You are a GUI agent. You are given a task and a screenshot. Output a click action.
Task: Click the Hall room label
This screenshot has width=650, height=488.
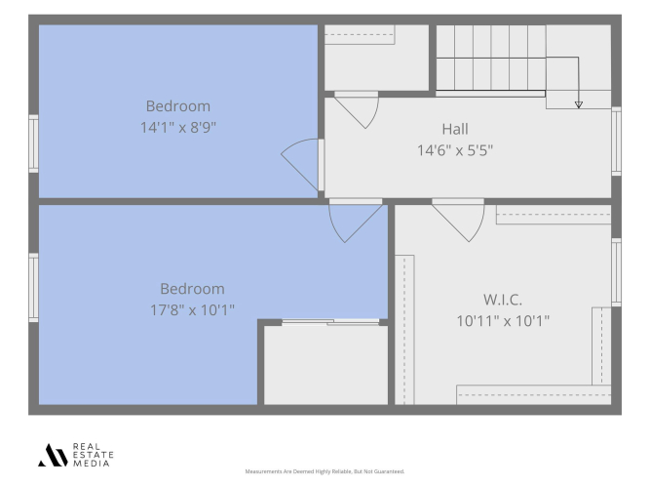(455, 129)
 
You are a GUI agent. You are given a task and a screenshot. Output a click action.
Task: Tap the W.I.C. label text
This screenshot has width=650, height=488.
(503, 300)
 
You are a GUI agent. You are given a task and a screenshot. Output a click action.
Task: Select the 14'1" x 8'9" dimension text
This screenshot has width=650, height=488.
(177, 127)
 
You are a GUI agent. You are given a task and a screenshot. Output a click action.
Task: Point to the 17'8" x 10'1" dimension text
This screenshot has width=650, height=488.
(192, 309)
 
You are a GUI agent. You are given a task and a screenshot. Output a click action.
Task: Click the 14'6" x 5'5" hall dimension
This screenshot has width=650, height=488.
(455, 150)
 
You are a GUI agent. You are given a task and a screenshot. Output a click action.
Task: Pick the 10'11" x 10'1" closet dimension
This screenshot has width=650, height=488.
(503, 321)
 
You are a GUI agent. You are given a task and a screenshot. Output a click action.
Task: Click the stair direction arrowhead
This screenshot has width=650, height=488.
(578, 104)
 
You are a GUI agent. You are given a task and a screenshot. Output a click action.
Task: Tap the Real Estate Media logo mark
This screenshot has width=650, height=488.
(53, 455)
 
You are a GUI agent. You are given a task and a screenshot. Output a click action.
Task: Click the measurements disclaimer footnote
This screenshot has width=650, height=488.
(325, 471)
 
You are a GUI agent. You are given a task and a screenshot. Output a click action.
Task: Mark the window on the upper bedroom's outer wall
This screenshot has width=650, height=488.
(33, 143)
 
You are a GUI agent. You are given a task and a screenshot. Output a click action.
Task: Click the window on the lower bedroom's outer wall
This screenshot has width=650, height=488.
(33, 287)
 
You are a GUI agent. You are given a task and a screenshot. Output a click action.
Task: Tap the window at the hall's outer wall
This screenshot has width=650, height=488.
(617, 142)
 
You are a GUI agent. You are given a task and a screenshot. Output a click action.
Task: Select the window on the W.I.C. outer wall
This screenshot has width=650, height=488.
(617, 272)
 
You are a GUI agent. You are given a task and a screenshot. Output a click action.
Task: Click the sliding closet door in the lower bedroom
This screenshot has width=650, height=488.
(330, 322)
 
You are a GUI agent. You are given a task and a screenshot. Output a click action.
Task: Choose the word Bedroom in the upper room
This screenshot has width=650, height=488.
(177, 106)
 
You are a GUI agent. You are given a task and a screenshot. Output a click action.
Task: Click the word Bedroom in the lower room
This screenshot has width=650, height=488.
(192, 289)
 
